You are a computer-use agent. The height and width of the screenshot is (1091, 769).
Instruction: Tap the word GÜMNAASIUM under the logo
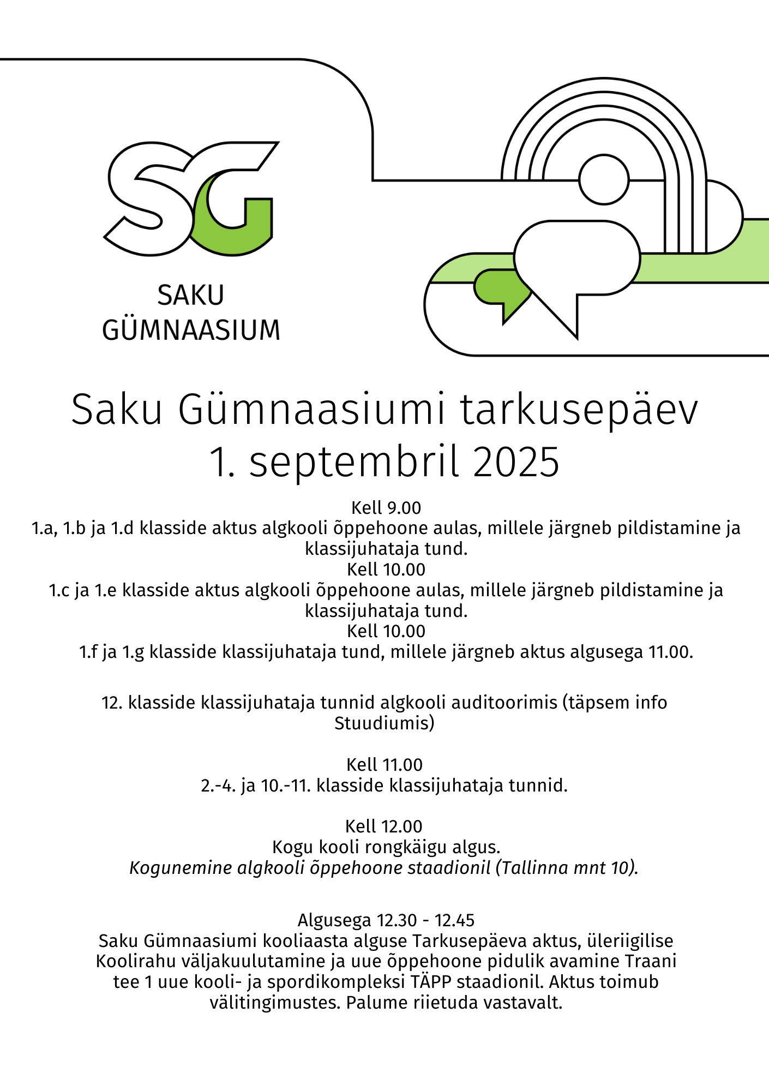coord(191,331)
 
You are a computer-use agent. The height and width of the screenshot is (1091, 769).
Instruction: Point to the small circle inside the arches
coord(604,179)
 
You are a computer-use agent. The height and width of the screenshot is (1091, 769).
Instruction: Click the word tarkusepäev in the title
coord(579,410)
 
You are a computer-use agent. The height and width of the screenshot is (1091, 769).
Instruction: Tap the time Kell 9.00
coord(386,508)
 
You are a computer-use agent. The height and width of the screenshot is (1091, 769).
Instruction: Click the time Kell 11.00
coord(384,765)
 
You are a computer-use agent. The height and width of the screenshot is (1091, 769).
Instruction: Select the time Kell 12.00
coord(384,826)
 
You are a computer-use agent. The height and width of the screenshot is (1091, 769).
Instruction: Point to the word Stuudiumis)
coord(384,723)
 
